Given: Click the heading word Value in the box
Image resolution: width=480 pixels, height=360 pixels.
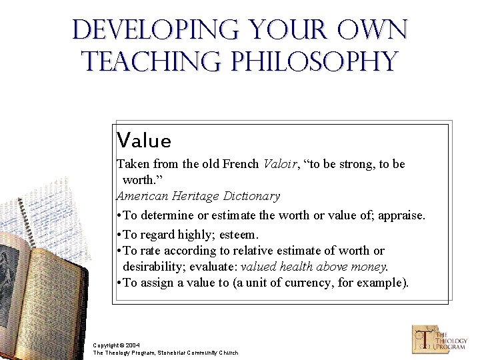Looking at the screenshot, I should coord(143,141).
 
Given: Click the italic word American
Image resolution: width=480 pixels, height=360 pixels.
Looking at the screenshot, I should coord(143,196).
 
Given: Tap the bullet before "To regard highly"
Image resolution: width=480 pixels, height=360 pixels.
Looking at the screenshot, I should coord(118,235).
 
